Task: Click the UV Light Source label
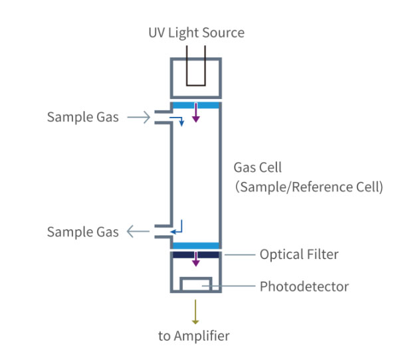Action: [196, 32]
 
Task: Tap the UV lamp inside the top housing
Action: [196, 66]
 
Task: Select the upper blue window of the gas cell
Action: [196, 106]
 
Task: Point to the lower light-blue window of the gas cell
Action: [196, 246]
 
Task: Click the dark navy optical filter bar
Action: [196, 254]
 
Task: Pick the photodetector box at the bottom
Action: [196, 284]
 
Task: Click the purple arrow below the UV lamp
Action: [196, 114]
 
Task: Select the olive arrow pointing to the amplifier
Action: [196, 311]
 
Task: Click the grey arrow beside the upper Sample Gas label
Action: [138, 118]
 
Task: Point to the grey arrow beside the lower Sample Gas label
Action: [138, 232]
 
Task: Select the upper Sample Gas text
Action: [82, 118]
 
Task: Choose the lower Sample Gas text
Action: [82, 232]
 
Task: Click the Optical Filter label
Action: [299, 254]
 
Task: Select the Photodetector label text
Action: [304, 287]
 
